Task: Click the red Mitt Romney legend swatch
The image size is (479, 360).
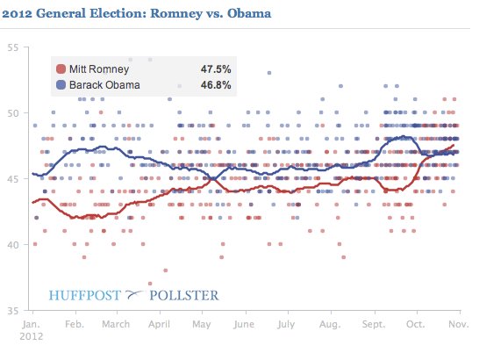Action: [x=61, y=69]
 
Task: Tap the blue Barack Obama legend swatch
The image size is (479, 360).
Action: [x=61, y=85]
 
